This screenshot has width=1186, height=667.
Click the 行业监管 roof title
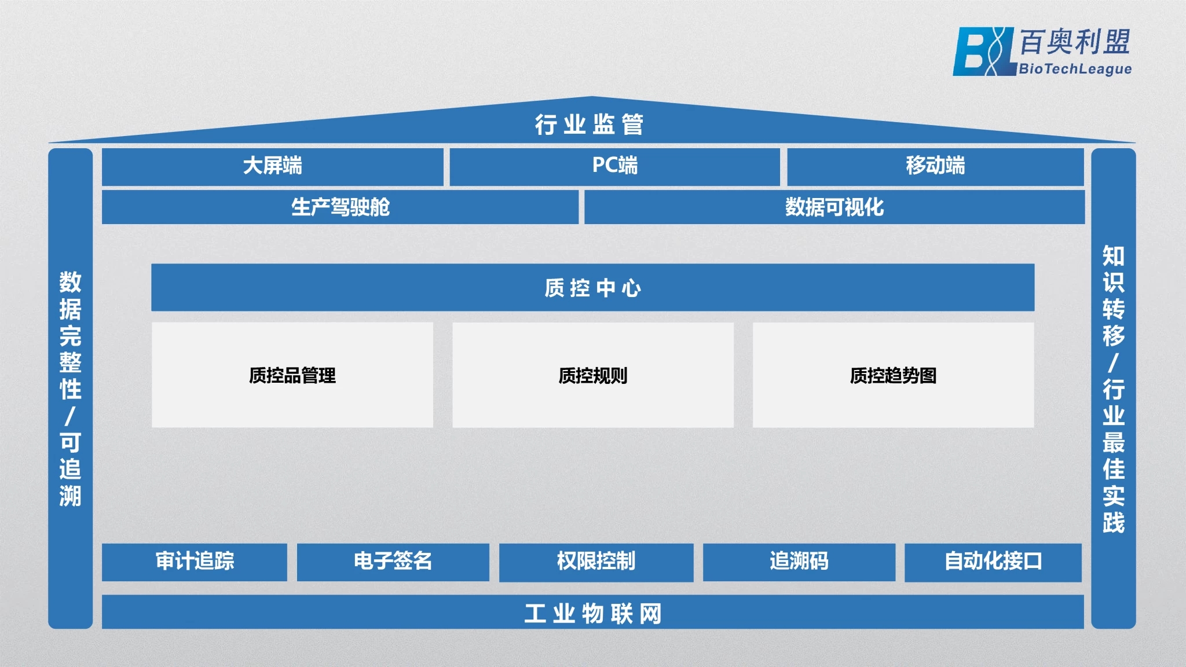coord(589,124)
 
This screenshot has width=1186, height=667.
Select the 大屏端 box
coord(273,167)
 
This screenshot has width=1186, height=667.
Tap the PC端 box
coord(615,167)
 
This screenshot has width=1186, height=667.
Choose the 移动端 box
coord(935,167)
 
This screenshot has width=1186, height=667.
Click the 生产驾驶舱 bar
coord(340,207)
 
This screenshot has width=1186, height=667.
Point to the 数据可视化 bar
coord(834,207)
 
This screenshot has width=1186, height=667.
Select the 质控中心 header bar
coord(593,287)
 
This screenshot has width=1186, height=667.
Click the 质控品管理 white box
coord(292,375)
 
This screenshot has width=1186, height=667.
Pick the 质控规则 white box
coord(593,375)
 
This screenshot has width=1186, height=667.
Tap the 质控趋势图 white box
coord(894,375)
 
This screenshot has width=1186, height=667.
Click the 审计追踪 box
coord(195,562)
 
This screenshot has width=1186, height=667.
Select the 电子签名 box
coord(393,562)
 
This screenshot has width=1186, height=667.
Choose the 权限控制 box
coord(596,562)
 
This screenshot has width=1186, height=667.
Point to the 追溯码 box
coord(799,562)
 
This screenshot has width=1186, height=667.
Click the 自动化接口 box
coord(993,562)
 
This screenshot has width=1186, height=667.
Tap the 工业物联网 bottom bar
coord(593,612)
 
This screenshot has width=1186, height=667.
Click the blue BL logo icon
coord(984,52)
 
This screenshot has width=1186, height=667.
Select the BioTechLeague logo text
coord(1075,69)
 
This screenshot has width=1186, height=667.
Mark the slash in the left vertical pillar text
coord(70,416)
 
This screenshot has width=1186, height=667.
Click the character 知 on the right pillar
coord(1113,256)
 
